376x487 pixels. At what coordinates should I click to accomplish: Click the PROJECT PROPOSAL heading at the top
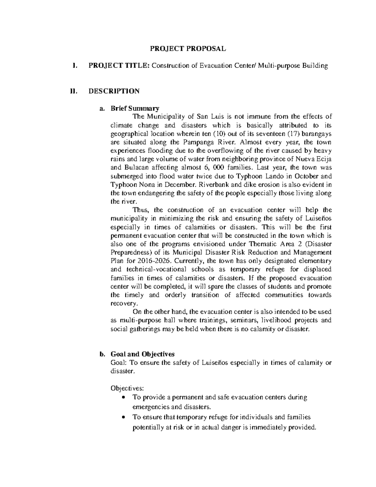click(188, 49)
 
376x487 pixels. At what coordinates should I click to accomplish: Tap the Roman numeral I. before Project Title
click(74, 66)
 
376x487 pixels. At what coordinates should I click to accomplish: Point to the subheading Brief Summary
click(135, 109)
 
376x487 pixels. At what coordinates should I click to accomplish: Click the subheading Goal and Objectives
click(142, 354)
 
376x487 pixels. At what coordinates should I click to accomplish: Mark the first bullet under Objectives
click(125, 397)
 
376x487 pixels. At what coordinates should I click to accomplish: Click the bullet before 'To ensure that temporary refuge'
click(125, 417)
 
